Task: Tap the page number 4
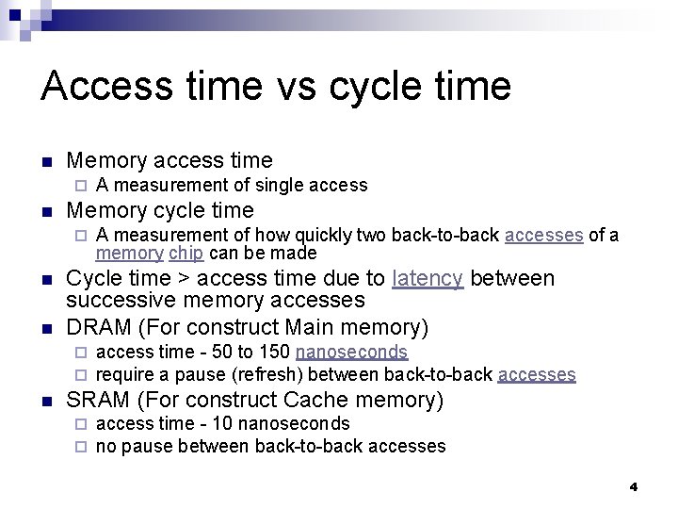[633, 486]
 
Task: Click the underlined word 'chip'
[186, 254]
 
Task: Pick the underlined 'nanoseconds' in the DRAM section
[351, 353]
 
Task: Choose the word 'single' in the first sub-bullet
[283, 186]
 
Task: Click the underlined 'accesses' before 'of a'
[543, 235]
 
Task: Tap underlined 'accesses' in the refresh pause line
[536, 374]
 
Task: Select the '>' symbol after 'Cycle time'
[183, 279]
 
